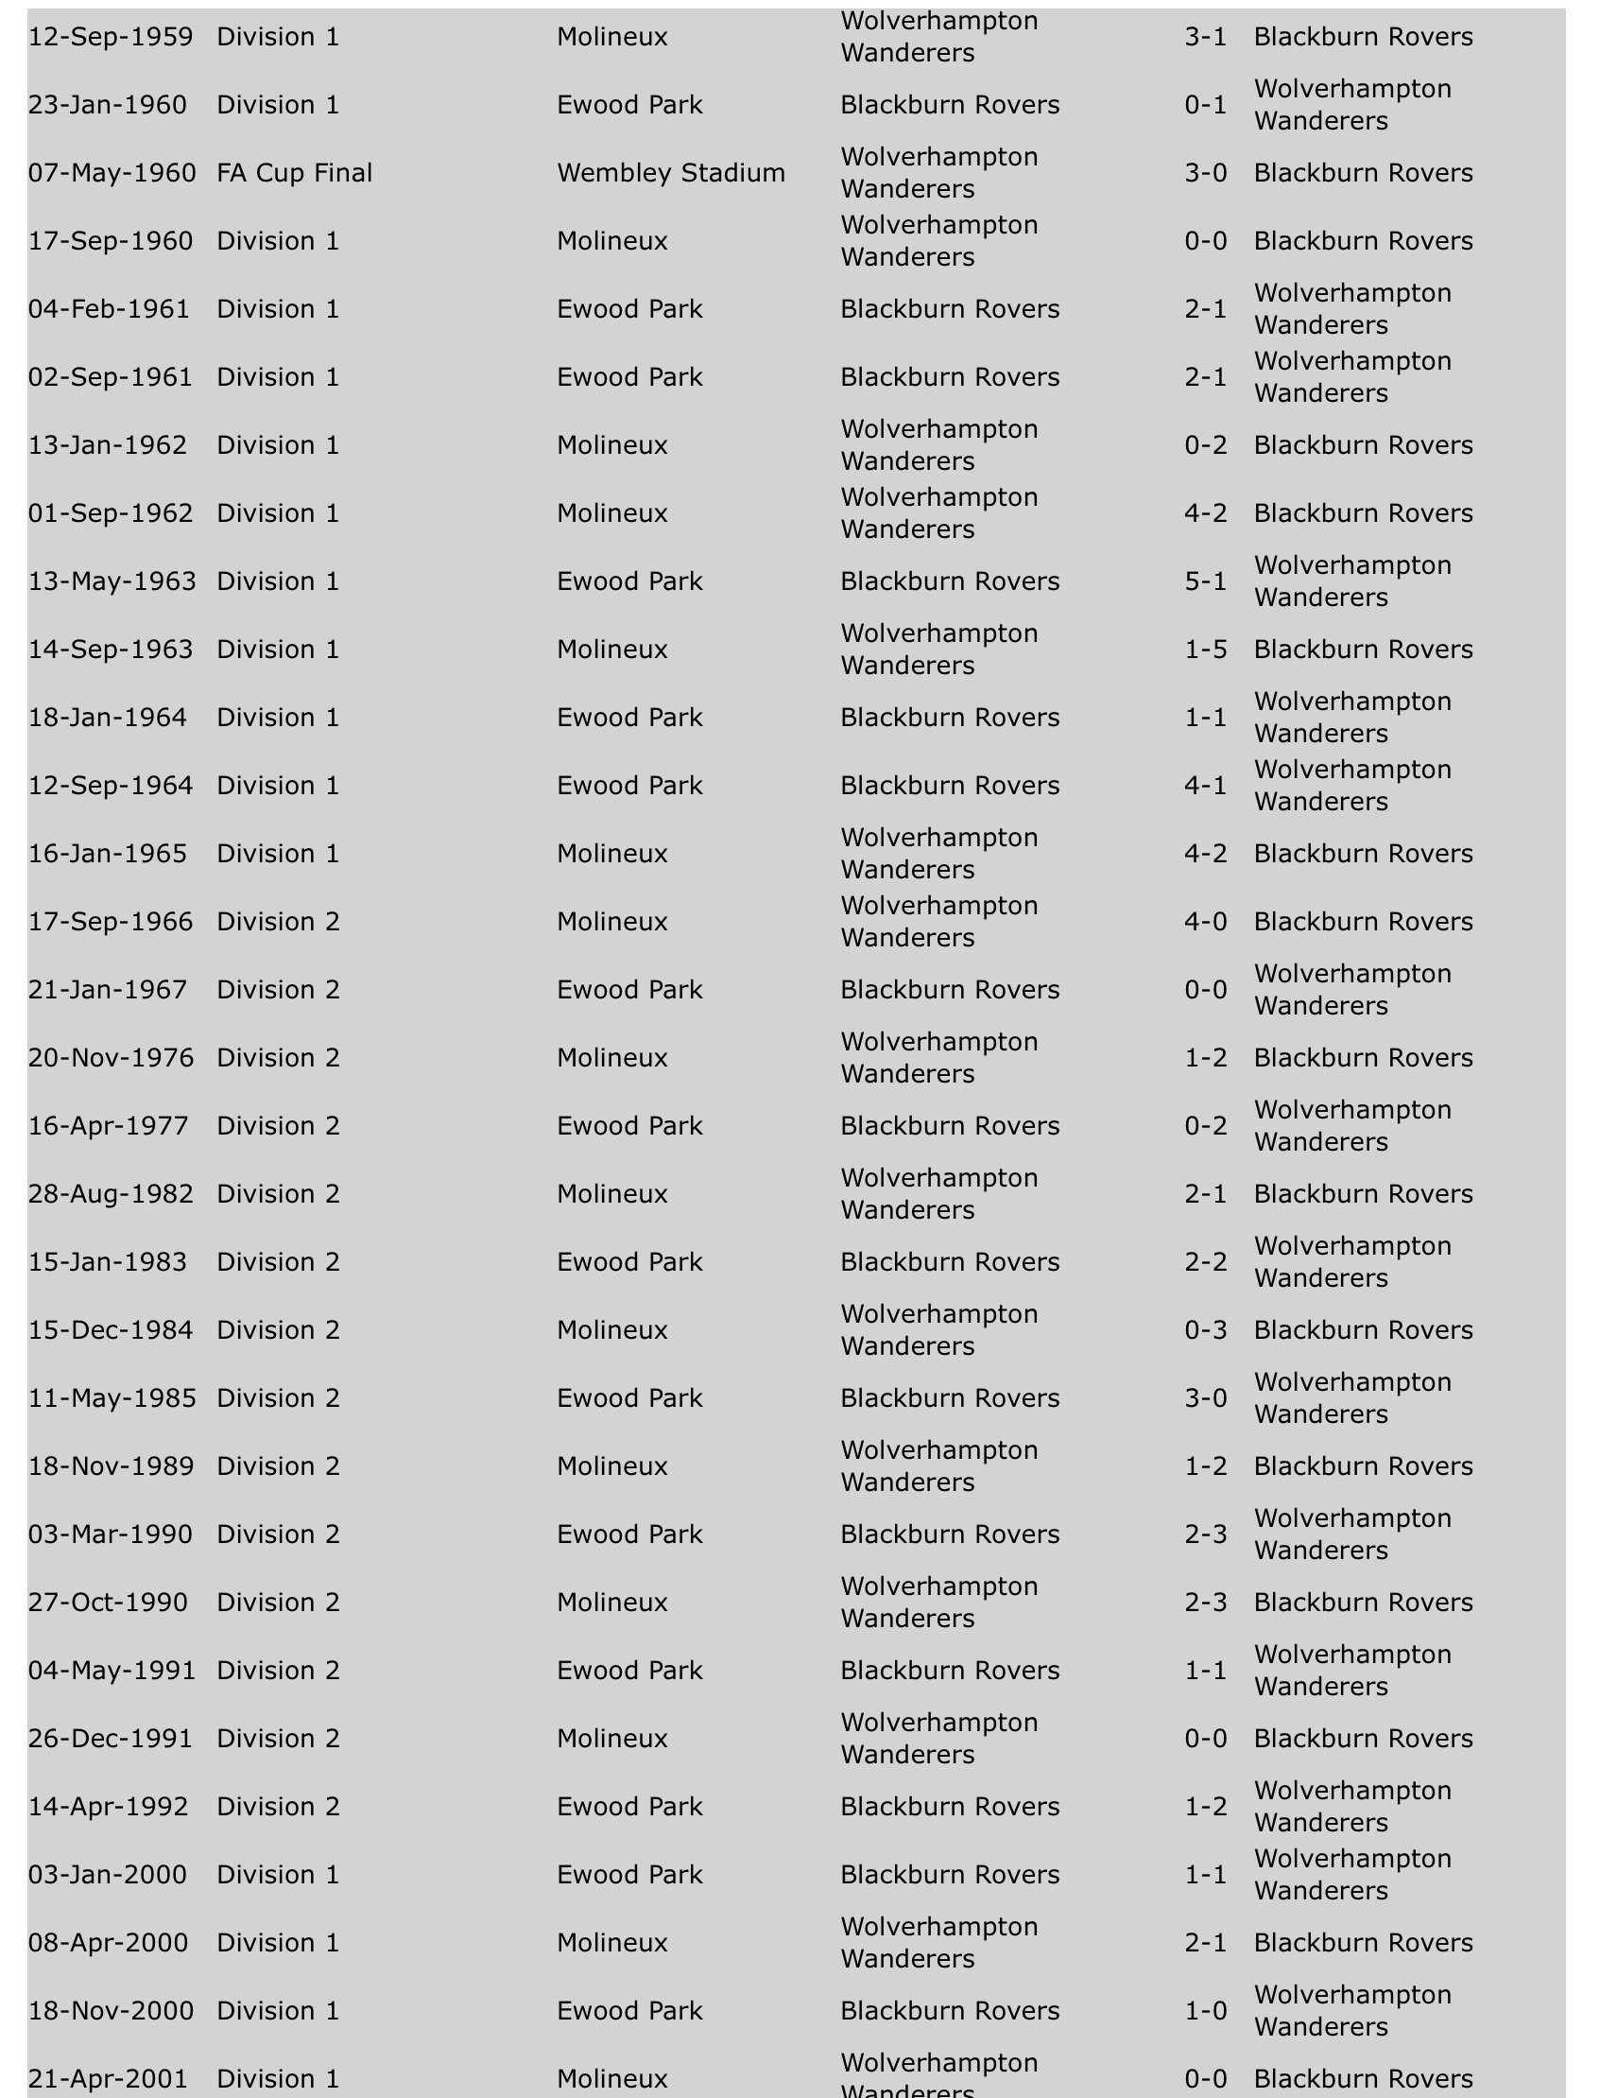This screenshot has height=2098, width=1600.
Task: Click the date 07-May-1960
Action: [112, 172]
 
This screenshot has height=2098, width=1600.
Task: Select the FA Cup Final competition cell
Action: [294, 172]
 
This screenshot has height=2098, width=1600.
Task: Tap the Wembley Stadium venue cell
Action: [670, 172]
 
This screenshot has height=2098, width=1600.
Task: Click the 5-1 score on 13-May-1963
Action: [1205, 581]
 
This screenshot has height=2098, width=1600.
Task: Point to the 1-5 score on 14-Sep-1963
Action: [1205, 649]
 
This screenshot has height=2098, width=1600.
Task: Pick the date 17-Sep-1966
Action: [111, 921]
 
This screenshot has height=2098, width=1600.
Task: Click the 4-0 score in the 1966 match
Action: [1205, 921]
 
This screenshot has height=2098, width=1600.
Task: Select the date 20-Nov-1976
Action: [111, 1058]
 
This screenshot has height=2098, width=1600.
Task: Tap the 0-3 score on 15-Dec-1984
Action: [1205, 1330]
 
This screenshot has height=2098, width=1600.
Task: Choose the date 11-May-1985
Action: [112, 1397]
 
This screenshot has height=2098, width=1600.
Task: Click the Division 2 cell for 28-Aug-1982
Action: [278, 1194]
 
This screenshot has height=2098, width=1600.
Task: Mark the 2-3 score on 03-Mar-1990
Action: [1205, 1534]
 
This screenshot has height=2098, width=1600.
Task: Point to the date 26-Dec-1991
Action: [111, 1738]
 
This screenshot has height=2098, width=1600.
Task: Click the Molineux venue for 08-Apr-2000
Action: [612, 1942]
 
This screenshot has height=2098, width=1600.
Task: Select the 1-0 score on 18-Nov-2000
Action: [1205, 2010]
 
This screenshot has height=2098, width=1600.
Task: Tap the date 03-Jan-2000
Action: [108, 1874]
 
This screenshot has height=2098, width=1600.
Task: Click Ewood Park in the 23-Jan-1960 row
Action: [629, 105]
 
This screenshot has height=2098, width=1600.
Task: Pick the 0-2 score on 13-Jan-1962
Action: [1205, 445]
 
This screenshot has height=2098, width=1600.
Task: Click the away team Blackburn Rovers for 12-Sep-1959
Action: [1363, 36]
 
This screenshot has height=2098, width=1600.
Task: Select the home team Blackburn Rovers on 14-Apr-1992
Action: [950, 1807]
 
